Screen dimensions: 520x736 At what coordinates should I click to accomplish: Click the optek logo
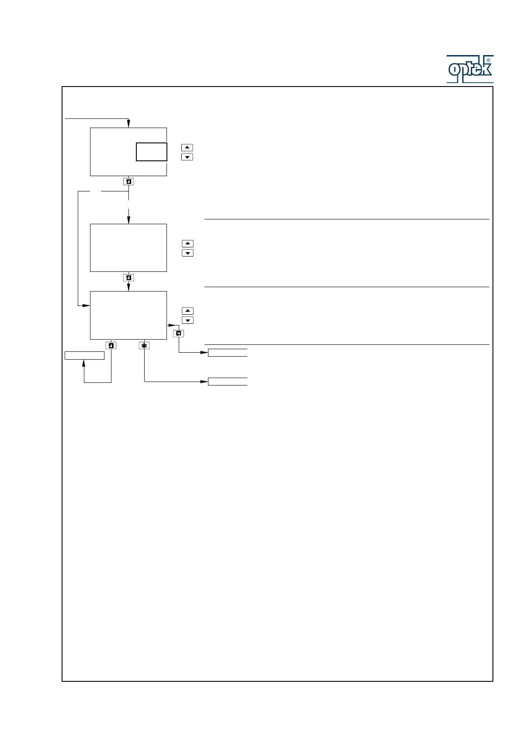469,69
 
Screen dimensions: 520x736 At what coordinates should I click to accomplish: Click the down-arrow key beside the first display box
187,157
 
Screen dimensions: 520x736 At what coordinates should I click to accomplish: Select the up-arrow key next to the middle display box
187,243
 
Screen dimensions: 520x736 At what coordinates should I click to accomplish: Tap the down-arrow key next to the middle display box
187,253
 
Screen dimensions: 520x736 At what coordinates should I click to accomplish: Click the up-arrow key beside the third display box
187,311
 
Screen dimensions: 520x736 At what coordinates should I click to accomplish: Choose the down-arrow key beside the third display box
187,320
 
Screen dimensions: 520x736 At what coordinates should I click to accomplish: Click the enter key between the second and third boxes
128,278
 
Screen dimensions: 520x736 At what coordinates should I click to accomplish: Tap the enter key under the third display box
111,345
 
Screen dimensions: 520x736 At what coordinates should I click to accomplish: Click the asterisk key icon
144,345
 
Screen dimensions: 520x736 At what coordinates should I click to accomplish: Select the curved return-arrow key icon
178,333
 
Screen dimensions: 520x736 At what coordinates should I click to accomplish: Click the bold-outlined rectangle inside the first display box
151,152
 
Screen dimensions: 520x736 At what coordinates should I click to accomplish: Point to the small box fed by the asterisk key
228,382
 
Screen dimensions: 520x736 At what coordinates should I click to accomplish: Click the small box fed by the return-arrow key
228,353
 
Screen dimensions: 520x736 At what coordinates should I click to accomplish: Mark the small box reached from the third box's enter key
84,355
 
